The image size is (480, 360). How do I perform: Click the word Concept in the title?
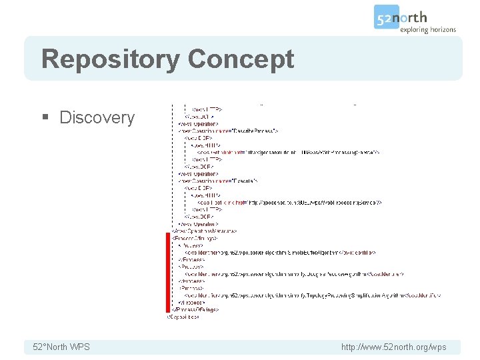pos(241,59)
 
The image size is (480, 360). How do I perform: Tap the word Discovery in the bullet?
pos(97,117)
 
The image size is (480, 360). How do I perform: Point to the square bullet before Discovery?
pos(45,118)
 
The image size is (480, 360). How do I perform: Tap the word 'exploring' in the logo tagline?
pos(415,29)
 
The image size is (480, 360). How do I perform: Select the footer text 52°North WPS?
pos(61,347)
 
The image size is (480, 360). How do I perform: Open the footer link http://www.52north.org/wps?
pos(393,347)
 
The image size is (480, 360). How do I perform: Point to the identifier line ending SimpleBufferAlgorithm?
pos(280,253)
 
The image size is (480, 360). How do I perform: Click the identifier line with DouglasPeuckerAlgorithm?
pos(293,274)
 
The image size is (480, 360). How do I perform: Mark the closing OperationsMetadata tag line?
pos(204,231)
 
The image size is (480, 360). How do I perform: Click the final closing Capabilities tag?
pos(183,317)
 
